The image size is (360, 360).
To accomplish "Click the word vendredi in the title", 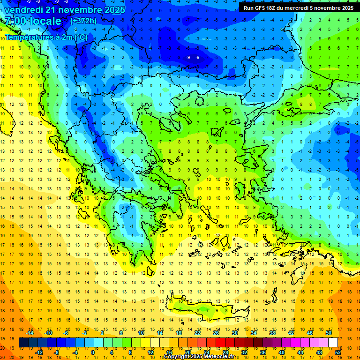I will tap(25, 10).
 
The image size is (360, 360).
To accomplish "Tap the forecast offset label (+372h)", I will tap(83, 21).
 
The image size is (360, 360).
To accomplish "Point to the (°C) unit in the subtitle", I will tap(80, 37).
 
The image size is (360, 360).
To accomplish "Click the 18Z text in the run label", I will tap(270, 7).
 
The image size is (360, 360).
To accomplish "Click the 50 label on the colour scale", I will tap(328, 332).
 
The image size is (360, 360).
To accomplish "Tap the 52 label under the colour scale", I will tap(337, 352).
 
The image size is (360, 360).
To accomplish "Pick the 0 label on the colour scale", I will tap(93, 352).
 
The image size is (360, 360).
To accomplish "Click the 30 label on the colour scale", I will tap(235, 332).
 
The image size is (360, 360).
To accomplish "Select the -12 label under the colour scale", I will tap(39, 352).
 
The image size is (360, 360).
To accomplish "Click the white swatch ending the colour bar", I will tap(333, 343).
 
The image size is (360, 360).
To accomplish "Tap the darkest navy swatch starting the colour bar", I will tap(23, 343).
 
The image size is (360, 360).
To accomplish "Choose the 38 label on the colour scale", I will tap(272, 332).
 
